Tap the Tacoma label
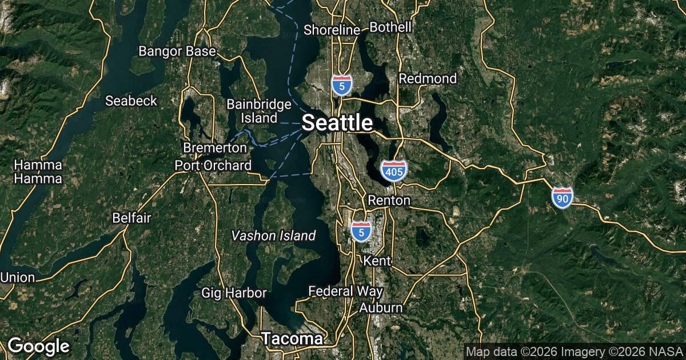[x=292, y=339]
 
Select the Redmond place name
[x=428, y=78]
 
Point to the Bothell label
[x=390, y=27]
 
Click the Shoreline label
[x=332, y=30]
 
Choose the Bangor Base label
[x=177, y=51]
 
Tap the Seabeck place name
[x=131, y=101]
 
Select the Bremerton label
[x=215, y=148]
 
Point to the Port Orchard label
[x=213, y=166]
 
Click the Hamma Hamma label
[x=38, y=172]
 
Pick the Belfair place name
[x=131, y=218]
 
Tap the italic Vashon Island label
[x=273, y=235]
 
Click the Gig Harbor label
[x=234, y=293]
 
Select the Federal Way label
[x=345, y=291]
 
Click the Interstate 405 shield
[x=393, y=170]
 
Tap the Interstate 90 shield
[x=563, y=197]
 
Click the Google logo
[x=38, y=346]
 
